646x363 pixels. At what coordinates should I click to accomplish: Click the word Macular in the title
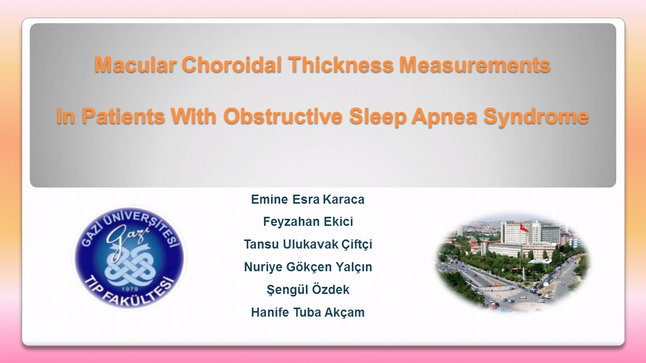(136, 65)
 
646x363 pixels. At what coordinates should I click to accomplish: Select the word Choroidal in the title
(232, 65)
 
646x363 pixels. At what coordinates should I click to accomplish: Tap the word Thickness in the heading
(341, 65)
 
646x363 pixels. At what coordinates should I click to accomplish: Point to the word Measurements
(475, 65)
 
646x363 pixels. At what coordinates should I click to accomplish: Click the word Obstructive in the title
(283, 116)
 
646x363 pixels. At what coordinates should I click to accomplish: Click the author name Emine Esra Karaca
(308, 199)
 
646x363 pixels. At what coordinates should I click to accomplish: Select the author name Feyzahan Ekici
(308, 222)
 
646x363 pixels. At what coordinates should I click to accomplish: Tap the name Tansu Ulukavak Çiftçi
(308, 245)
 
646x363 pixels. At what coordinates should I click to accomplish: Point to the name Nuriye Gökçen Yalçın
(308, 267)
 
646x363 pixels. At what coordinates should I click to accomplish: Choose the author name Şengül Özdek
(308, 289)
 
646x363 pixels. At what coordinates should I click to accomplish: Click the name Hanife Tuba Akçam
(308, 312)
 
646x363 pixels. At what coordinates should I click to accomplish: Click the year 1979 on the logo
(130, 289)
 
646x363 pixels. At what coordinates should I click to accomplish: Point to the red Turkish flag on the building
(524, 227)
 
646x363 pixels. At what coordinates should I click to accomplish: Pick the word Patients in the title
(123, 116)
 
